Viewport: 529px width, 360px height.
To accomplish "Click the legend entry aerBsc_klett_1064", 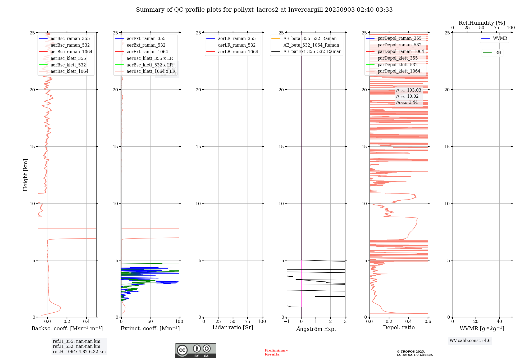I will point(69,71).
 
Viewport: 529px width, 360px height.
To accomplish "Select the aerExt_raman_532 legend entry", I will point(146,45).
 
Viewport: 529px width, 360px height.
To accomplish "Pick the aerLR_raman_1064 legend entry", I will point(238,52).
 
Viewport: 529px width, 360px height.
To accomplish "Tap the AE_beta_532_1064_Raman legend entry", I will point(311,45).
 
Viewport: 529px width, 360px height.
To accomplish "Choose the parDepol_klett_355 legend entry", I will point(398,58).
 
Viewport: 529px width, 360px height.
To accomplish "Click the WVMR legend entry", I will point(500,38).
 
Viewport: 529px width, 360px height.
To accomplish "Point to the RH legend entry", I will point(498,53).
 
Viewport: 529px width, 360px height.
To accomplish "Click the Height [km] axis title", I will point(25,175).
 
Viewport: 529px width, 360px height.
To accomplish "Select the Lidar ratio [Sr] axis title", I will point(233,327).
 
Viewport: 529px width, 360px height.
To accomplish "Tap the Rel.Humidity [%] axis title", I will point(482,23).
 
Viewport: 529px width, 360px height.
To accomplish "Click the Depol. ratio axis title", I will point(399,327).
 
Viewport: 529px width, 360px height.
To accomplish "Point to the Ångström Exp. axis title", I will point(316,329).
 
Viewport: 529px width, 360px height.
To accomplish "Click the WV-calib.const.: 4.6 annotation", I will point(470,341).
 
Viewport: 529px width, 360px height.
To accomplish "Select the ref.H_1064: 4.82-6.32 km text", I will point(79,352).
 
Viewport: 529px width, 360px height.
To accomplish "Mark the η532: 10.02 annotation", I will point(407,96).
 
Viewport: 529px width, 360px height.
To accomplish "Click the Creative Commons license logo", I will point(195,350).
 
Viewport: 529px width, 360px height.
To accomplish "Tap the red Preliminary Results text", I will point(276,352).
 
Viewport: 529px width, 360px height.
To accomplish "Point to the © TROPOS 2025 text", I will point(411,352).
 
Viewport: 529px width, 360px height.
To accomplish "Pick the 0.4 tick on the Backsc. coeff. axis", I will point(86,321).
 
